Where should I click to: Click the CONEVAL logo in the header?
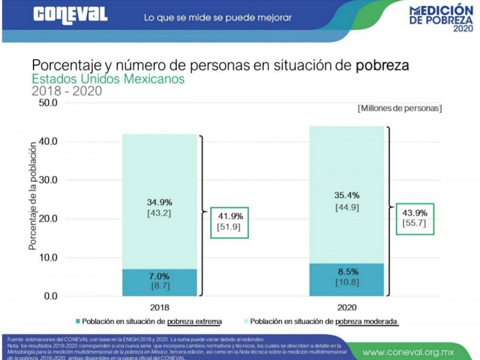point(71,14)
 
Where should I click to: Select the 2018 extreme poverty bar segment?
point(159,282)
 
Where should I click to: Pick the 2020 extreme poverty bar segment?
point(346,280)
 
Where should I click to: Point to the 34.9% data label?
point(159,201)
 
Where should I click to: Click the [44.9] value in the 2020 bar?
point(346,208)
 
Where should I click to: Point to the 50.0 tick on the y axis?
point(46,103)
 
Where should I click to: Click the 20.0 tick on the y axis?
point(46,219)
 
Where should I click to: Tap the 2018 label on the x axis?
point(159,307)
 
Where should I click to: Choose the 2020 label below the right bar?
point(347,307)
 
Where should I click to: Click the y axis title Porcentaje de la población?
point(32,198)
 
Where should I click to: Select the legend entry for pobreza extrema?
point(149,321)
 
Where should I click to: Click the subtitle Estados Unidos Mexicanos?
point(108,79)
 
